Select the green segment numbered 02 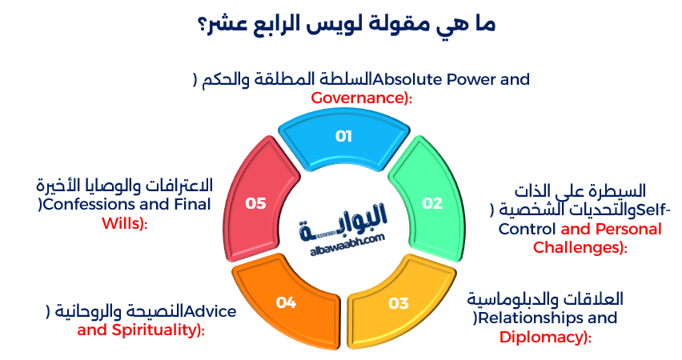(x=431, y=203)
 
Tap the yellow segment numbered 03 (x=398, y=303)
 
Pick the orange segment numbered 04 (x=286, y=302)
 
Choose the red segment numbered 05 (x=255, y=203)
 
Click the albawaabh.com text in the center (x=347, y=238)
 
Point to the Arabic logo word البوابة (x=344, y=217)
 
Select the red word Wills (x=121, y=223)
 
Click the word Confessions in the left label (x=87, y=205)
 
